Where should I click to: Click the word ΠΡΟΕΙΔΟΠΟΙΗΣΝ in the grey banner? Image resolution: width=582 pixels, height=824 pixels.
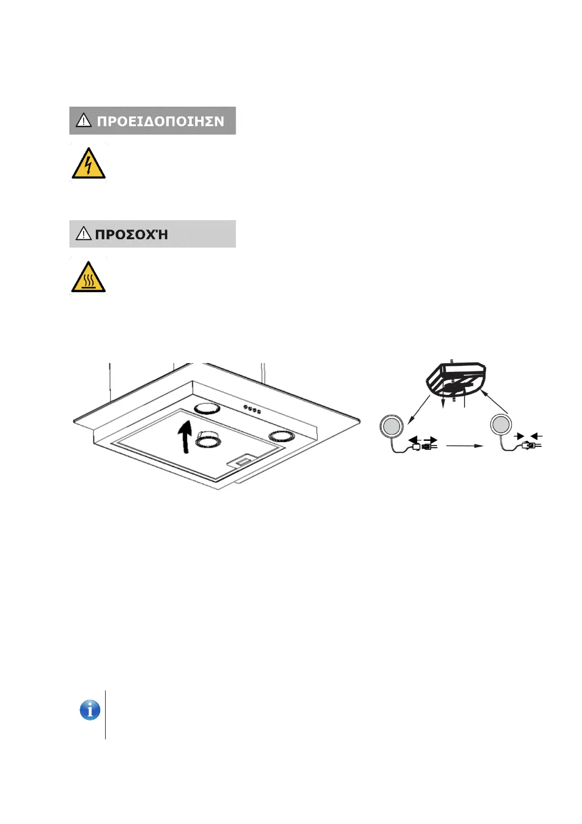pos(160,121)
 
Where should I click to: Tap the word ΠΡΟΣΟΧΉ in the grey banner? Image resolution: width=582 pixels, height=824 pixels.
pos(132,234)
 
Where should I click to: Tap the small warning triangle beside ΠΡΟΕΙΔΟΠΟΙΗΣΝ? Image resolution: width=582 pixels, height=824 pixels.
pos(84,120)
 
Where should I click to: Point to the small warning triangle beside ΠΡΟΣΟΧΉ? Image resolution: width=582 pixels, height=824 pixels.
pos(84,234)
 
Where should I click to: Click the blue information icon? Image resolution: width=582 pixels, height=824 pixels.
pos(90,710)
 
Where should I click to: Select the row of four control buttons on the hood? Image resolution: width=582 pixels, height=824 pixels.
pos(252,410)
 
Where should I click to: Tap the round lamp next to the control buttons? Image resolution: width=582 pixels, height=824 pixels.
pos(207,408)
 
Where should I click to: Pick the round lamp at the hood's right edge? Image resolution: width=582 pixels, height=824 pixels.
pos(280,435)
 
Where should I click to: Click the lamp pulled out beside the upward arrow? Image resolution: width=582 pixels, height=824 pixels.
pos(207,440)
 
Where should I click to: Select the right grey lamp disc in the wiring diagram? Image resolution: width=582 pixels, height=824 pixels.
pos(501,425)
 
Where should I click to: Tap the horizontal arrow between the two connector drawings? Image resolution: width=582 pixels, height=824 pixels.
pos(465,446)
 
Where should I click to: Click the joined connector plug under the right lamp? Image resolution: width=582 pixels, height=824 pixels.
pos(530,445)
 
